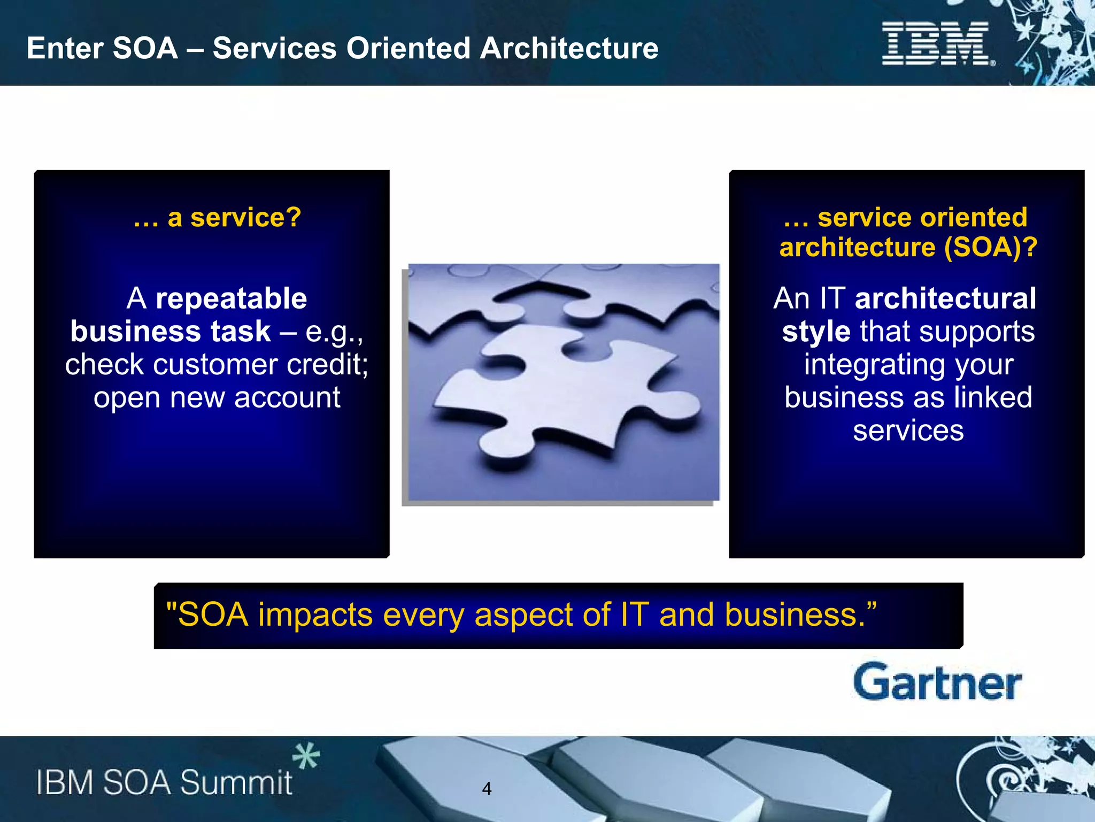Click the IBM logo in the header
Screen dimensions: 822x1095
pos(937,44)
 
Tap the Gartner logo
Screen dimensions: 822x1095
pos(937,682)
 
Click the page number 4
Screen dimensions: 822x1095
pos(487,788)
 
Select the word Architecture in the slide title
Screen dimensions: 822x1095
pos(569,48)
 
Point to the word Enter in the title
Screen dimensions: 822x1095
pos(65,48)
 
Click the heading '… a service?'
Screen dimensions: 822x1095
pos(217,218)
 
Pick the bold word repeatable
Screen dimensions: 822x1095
pos(231,298)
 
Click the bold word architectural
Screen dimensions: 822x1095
pos(945,298)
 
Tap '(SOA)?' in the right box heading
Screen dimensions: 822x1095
pos(990,247)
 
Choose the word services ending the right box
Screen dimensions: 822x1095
pos(908,431)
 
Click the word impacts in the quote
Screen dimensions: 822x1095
pos(315,615)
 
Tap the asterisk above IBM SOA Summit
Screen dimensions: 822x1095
pos(306,756)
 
